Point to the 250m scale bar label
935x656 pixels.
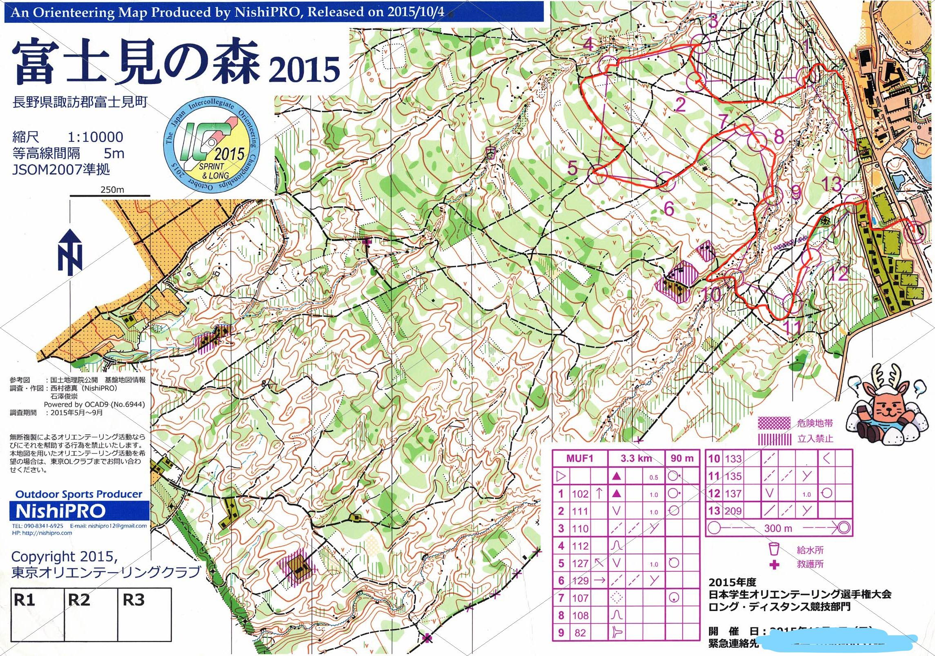(112, 190)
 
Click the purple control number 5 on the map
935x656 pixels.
(573, 167)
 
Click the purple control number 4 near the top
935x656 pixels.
(588, 44)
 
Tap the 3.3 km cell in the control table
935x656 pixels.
(636, 458)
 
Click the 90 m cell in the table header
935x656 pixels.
(682, 458)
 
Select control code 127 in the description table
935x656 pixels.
(580, 563)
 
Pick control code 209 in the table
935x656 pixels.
(733, 511)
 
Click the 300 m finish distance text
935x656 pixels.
(778, 528)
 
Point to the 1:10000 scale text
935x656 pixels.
(95, 137)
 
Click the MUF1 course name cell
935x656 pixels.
(579, 458)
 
